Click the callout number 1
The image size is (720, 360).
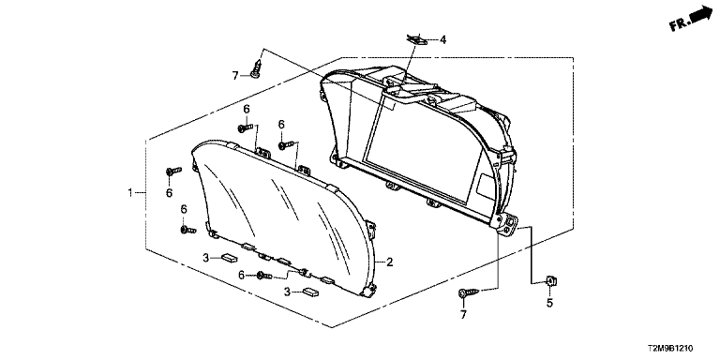(x=130, y=192)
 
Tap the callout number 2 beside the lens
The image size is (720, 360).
(x=389, y=262)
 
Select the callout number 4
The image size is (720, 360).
(x=442, y=40)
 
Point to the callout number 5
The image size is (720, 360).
(x=549, y=303)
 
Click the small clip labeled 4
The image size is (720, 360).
(x=418, y=40)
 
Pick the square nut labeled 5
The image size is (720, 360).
(x=549, y=281)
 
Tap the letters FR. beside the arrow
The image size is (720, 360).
(x=680, y=24)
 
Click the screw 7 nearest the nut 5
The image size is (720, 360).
(x=469, y=292)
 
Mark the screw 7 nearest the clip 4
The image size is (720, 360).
(x=257, y=67)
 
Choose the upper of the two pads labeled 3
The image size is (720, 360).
(x=228, y=258)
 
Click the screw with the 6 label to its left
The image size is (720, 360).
(x=264, y=276)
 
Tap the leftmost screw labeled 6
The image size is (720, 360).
(x=173, y=172)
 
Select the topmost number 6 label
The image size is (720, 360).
(x=247, y=109)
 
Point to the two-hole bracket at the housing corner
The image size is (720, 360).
(x=507, y=225)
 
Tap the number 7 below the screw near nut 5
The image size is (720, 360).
(x=463, y=315)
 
